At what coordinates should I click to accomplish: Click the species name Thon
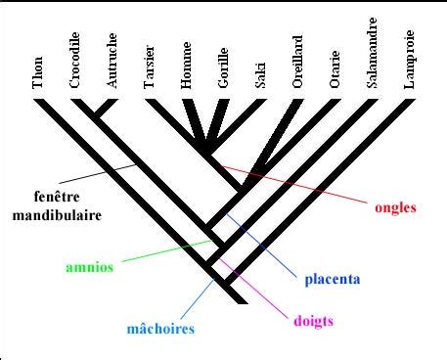[37, 72]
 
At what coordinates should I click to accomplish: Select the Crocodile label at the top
[74, 60]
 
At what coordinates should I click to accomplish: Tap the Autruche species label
[112, 61]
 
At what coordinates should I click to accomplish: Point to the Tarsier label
[149, 67]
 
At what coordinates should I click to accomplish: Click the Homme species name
[186, 66]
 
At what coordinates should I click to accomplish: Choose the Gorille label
[223, 68]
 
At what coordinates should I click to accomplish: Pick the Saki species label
[260, 75]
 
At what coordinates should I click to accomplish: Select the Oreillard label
[297, 62]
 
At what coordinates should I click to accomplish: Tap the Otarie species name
[335, 69]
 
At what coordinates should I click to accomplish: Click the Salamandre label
[372, 53]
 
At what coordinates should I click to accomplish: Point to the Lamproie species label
[409, 60]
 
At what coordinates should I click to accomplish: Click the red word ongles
[395, 208]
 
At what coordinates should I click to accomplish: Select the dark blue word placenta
[333, 280]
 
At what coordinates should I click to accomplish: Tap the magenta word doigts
[314, 321]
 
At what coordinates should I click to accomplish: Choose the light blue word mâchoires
[160, 328]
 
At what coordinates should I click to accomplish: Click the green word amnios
[90, 267]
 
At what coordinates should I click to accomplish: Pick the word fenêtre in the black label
[57, 197]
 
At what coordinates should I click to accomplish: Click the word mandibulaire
[57, 215]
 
